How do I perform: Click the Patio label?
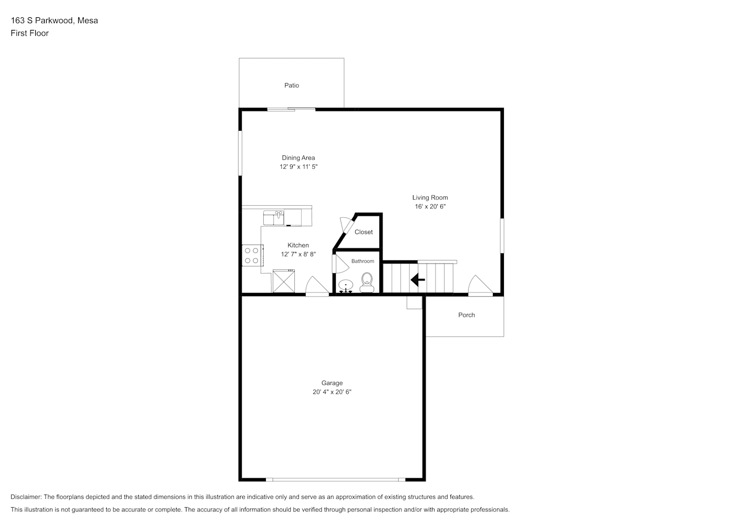coord(292,86)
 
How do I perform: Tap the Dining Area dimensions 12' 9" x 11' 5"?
coord(298,167)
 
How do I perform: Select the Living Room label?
coord(430,197)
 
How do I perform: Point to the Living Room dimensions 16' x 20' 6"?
coord(430,206)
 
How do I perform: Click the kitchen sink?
coord(274,218)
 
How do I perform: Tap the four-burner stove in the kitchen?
coord(252,256)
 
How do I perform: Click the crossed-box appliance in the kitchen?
coord(284,281)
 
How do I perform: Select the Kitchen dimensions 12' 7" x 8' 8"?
coord(298,254)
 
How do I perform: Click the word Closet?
coord(364,232)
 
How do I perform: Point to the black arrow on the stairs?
coord(418,280)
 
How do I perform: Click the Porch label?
coord(467,315)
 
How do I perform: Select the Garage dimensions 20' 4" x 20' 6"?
coord(332,392)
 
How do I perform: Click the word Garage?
coord(332,383)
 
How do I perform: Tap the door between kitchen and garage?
coord(317,286)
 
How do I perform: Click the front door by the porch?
coord(481,286)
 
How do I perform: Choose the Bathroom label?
coord(363,261)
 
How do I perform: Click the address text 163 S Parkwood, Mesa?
coord(55,20)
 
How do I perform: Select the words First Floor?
coord(29,33)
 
